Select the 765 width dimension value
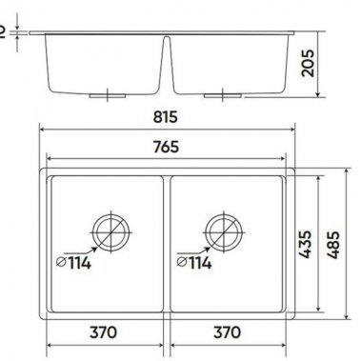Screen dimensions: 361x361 tap(169, 148)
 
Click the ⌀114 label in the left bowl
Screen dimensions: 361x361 tap(73, 261)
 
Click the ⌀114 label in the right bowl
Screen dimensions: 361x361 tap(191, 261)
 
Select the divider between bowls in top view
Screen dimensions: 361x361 tap(167, 244)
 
